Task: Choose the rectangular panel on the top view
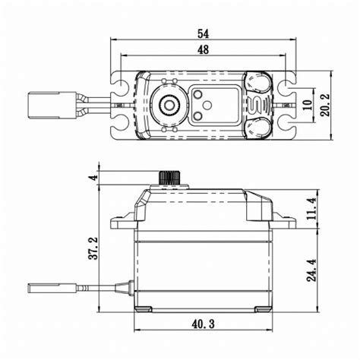(x=207, y=104)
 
